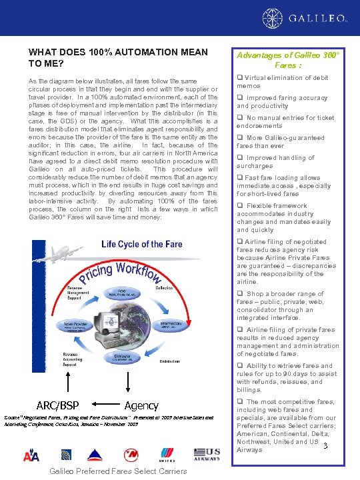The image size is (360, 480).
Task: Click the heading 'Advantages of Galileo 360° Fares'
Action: tap(288, 60)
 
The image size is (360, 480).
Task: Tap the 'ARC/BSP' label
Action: tap(57, 405)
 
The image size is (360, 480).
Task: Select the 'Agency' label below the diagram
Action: tap(141, 405)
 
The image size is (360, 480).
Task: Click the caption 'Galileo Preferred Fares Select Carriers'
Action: tap(119, 471)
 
